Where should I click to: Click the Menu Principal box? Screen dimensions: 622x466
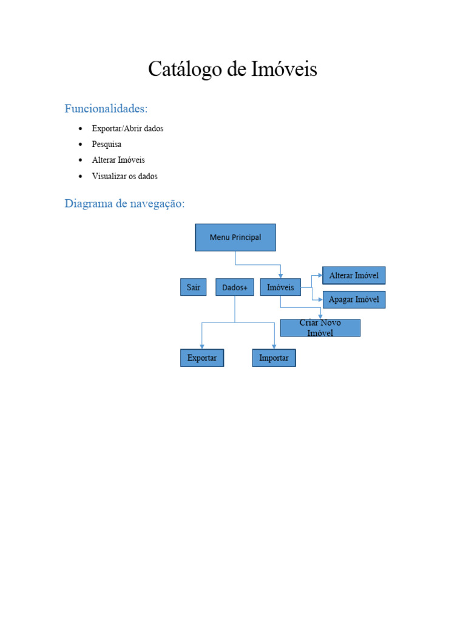point(235,238)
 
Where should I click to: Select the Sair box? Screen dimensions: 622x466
point(193,287)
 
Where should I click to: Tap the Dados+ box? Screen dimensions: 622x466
point(234,287)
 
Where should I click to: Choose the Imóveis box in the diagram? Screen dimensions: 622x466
point(280,287)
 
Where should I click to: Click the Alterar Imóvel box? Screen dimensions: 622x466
point(354,276)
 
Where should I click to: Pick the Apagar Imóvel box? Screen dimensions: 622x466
point(354,299)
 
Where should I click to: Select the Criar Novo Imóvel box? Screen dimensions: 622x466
point(320,328)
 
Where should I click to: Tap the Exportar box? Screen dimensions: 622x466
point(202,358)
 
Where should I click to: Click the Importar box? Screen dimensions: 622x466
point(274,358)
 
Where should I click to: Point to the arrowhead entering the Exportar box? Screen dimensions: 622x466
point(202,346)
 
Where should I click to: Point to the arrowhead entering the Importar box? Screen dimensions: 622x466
point(274,346)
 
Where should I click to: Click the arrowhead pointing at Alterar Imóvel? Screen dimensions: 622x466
point(320,276)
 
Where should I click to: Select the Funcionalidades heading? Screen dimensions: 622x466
point(106,109)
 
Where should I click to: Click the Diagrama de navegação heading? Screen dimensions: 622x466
point(124,203)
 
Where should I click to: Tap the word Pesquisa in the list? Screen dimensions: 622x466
point(107,145)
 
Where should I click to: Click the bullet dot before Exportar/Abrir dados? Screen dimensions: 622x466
point(80,129)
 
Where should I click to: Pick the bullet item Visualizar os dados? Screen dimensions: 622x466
point(124,176)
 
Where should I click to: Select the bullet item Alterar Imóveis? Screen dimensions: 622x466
point(118,160)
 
